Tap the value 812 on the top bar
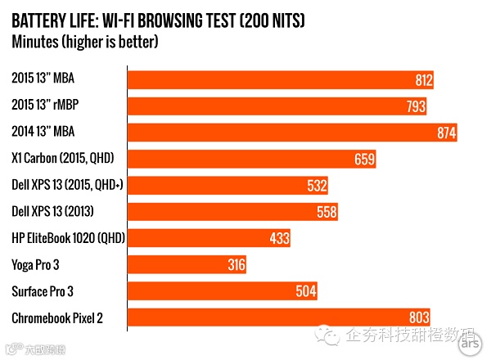(x=422, y=80)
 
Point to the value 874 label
(x=446, y=133)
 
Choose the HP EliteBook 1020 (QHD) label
(x=64, y=238)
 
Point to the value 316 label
(x=235, y=264)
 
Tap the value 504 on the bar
(x=306, y=290)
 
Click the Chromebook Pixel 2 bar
(x=278, y=317)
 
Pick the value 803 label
(x=418, y=317)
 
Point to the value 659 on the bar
(x=364, y=159)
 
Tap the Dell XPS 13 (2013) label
(x=52, y=212)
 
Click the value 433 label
(x=279, y=238)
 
